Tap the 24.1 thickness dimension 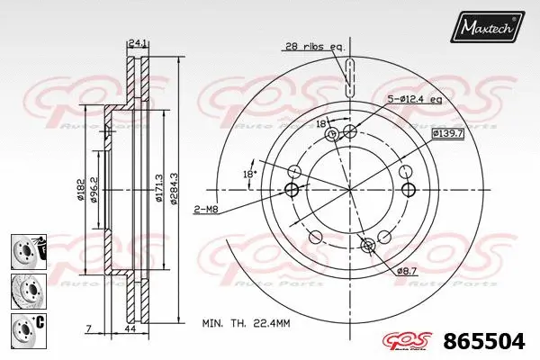point(138,41)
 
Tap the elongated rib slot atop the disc point(348,74)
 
